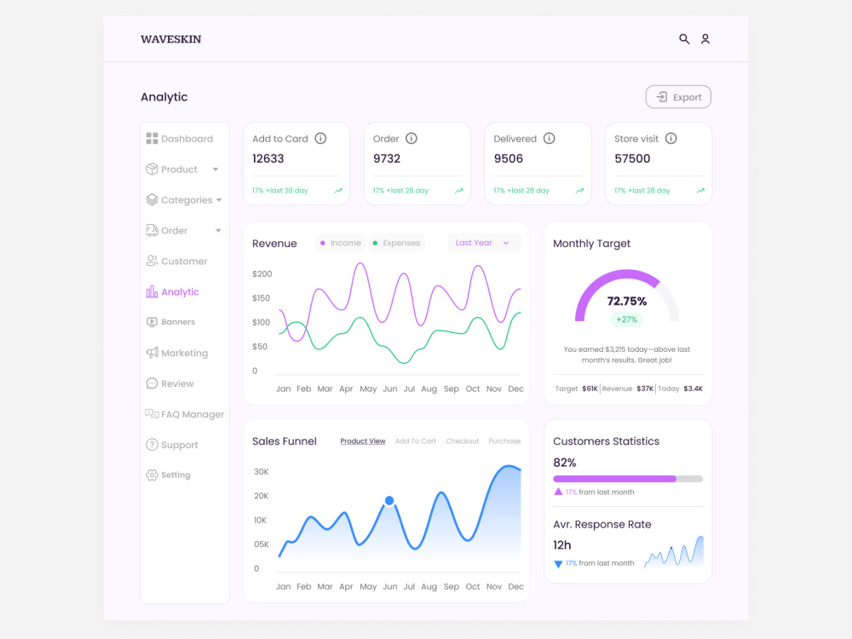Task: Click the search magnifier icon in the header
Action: (x=684, y=39)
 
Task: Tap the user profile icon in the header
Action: (x=705, y=39)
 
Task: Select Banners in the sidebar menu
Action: (x=178, y=322)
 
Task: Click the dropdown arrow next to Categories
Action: (x=219, y=200)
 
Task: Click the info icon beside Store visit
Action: (x=671, y=139)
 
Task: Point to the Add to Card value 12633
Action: (x=268, y=158)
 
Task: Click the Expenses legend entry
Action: (x=397, y=243)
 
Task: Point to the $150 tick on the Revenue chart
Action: (x=261, y=298)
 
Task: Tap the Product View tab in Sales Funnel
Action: (x=363, y=441)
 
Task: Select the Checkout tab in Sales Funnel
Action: (x=463, y=441)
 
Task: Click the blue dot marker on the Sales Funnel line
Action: (x=389, y=500)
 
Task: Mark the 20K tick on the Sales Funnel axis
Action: (x=262, y=496)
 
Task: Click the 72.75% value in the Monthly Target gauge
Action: (x=627, y=302)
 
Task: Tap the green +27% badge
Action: (x=626, y=319)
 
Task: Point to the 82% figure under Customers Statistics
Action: (x=565, y=463)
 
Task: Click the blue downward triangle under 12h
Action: (x=558, y=564)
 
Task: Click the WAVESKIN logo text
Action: (x=170, y=39)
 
